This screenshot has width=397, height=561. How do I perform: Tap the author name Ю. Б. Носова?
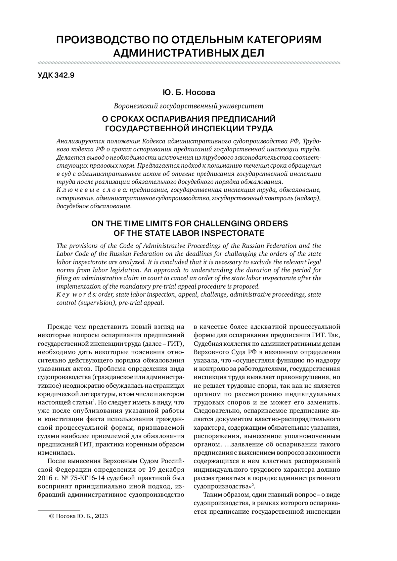[x=189, y=93]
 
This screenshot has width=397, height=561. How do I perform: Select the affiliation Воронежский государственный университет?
[x=189, y=106]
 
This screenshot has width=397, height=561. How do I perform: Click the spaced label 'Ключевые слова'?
[x=92, y=190]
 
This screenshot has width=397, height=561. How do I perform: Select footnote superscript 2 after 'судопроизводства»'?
[x=253, y=485]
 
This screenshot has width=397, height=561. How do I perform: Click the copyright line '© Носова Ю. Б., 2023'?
[x=78, y=516]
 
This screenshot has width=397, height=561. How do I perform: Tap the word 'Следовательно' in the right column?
[x=215, y=411]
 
